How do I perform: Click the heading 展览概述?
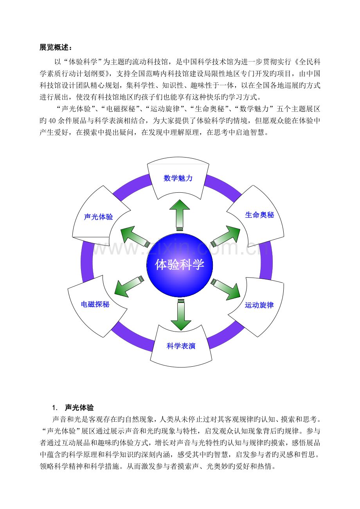pos(56,47)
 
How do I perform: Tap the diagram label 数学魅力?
pos(178,178)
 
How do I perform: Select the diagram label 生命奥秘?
pos(259,215)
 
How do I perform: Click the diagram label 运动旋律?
pos(259,305)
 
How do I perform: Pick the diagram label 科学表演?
pos(181,346)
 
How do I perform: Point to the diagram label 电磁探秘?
pos(95,304)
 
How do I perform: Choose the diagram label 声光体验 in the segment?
pos(99,217)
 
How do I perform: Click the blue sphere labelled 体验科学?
pos(180,265)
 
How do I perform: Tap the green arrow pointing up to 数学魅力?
pos(180,215)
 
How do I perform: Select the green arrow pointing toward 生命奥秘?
pos(226,236)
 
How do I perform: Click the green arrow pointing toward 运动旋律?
pos(226,290)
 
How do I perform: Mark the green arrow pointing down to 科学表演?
pos(181,315)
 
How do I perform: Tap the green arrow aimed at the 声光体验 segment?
pos(135,237)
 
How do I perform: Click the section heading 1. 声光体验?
pos(73,408)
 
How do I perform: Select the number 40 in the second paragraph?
pos(52,121)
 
